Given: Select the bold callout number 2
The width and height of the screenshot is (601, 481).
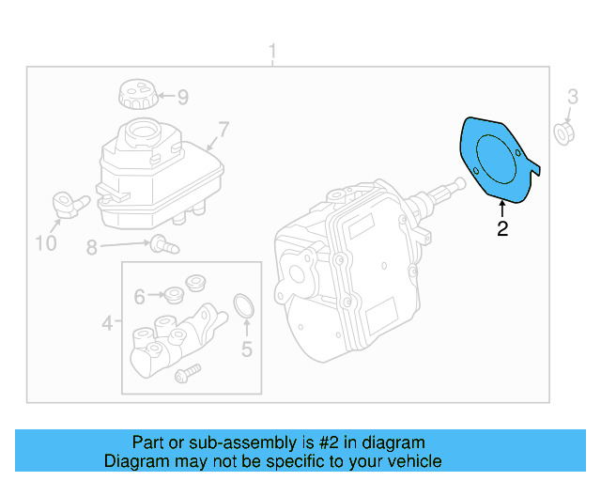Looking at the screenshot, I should (502, 228).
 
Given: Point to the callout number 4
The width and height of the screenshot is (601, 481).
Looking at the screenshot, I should (108, 324).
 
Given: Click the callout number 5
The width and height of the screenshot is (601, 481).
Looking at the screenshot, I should (247, 350).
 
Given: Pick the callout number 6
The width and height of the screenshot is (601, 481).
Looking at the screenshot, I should (139, 297).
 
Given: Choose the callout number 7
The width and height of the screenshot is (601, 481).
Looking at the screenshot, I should (223, 129).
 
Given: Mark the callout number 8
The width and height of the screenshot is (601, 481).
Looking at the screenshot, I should (91, 248).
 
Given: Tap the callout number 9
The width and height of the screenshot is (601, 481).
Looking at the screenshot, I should (182, 96).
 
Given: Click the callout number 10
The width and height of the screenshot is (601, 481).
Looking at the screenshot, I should (46, 244).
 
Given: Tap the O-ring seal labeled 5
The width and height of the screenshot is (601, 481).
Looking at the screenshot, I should (244, 305).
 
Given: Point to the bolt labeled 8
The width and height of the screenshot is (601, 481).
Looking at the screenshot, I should (165, 244).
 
